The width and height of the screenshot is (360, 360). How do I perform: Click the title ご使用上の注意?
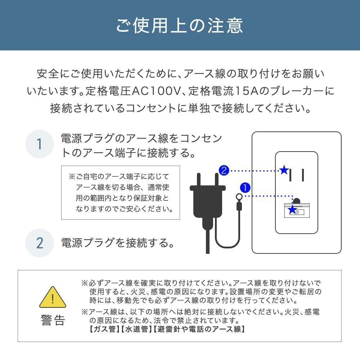[180, 25]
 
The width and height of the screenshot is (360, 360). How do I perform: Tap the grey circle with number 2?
[40, 243]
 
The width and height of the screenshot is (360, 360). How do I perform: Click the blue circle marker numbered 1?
[245, 187]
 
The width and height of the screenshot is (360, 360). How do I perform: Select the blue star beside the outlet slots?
[284, 170]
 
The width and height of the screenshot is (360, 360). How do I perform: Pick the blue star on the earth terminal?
[292, 210]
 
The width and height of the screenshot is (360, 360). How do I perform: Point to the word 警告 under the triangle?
[53, 320]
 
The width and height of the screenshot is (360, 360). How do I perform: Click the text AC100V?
[155, 91]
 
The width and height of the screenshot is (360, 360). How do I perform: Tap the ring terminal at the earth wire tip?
[238, 197]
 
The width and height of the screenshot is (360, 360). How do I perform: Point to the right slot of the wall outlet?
[303, 175]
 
